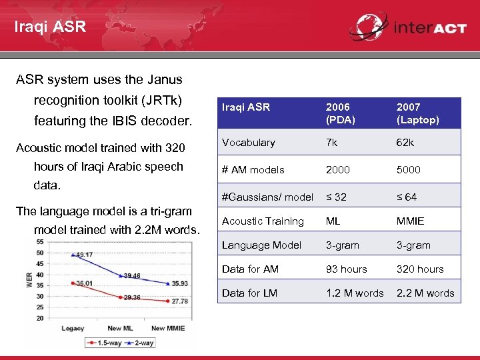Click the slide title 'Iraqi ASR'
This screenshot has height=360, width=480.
point(50,27)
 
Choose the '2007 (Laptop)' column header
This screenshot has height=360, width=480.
point(417,113)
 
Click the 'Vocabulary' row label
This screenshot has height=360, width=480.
point(248,143)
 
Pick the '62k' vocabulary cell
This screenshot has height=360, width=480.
point(405,143)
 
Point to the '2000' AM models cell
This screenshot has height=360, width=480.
point(338,170)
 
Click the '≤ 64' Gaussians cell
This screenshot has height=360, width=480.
point(407,197)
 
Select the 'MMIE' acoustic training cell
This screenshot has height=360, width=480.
point(410,221)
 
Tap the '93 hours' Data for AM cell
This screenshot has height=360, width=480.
point(346,269)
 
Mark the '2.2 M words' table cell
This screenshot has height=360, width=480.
point(425,293)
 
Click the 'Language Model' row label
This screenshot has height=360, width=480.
point(261,245)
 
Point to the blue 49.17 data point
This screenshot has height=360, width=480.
point(73,255)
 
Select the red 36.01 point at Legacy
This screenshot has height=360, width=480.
point(73,283)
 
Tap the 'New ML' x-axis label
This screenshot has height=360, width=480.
point(119,328)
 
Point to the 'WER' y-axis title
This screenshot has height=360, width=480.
point(29,278)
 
